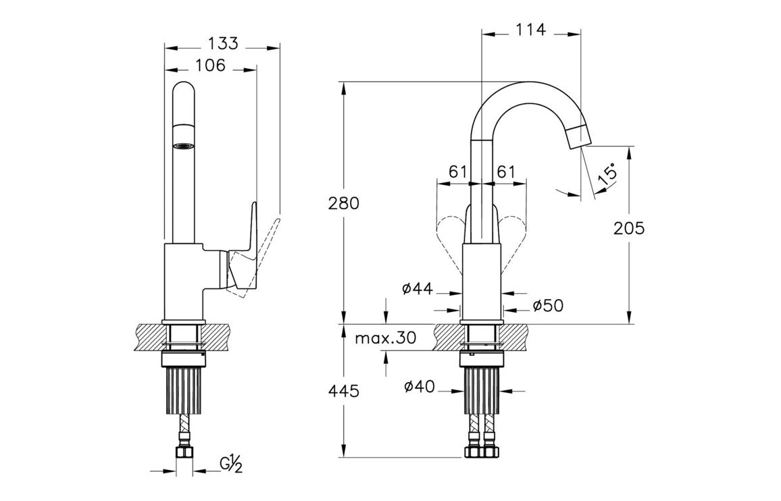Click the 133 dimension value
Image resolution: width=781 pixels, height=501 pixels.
point(223,43)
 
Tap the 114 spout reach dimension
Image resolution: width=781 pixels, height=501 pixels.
point(530,30)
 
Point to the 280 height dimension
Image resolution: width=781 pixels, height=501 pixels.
point(345,203)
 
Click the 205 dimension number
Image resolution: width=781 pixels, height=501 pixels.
point(629,228)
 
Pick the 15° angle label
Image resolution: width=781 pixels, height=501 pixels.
point(607,174)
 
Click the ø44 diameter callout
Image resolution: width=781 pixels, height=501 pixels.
point(417,289)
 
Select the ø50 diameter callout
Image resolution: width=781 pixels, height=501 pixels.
point(547,306)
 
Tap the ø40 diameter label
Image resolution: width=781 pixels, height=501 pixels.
point(419,387)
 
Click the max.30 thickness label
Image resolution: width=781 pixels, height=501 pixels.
point(386,338)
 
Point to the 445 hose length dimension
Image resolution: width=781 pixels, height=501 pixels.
point(345,391)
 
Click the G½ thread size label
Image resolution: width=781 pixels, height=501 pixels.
point(231,464)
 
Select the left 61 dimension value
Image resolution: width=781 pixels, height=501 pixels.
point(458,172)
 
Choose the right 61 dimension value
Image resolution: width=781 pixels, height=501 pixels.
point(506,172)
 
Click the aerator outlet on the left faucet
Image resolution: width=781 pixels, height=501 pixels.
point(184,145)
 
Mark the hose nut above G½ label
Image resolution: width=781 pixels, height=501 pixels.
point(184,451)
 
